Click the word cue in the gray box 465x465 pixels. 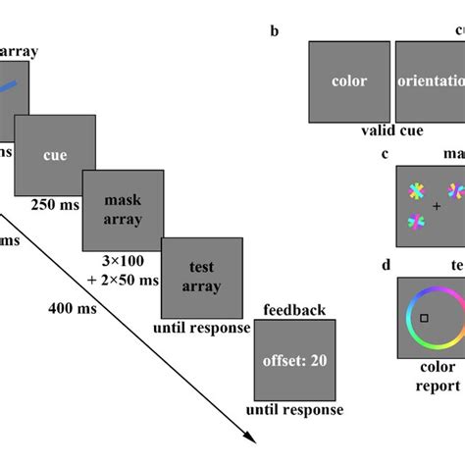click(x=54, y=155)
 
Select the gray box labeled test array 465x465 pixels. click(x=201, y=276)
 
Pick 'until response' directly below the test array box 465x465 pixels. click(x=201, y=328)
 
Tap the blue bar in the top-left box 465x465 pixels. click(x=8, y=86)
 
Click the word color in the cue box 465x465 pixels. click(x=349, y=81)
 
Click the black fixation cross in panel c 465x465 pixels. click(x=437, y=207)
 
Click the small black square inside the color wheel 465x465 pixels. click(x=424, y=318)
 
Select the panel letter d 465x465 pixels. click(x=387, y=266)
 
